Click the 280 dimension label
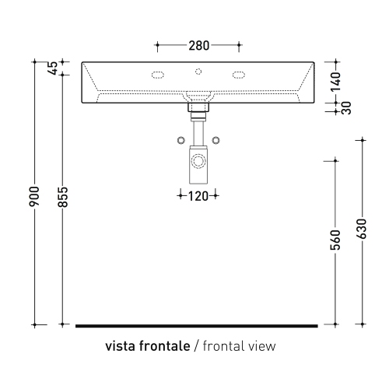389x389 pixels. pyautogui.click(x=198, y=46)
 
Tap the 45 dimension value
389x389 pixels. pyautogui.click(x=53, y=68)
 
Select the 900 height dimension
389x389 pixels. pyautogui.click(x=34, y=196)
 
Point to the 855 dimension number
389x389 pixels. pyautogui.click(x=62, y=197)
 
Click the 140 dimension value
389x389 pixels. pyautogui.click(x=335, y=82)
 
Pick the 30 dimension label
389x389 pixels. pyautogui.click(x=346, y=108)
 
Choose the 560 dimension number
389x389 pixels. pyautogui.click(x=335, y=240)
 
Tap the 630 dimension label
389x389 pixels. pyautogui.click(x=362, y=229)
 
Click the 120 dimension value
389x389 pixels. pyautogui.click(x=198, y=196)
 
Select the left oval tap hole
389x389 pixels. pyautogui.click(x=158, y=75)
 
